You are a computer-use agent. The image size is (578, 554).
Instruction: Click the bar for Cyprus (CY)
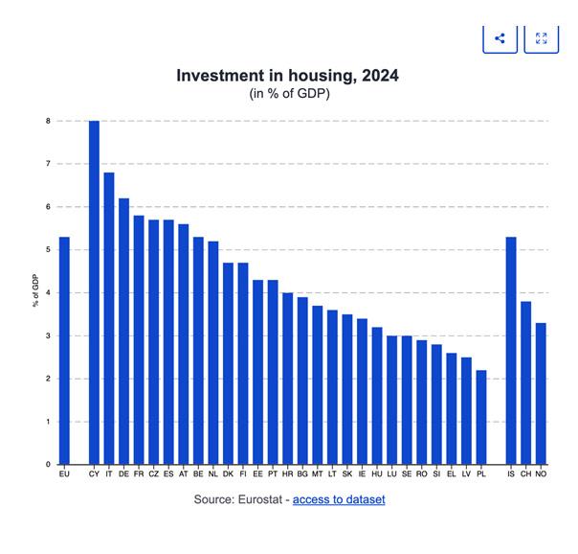click(x=94, y=292)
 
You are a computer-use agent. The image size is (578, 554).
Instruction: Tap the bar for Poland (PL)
click(x=480, y=417)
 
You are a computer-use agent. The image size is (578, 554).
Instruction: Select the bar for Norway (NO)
click(x=541, y=393)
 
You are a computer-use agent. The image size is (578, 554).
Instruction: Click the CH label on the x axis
click(x=525, y=474)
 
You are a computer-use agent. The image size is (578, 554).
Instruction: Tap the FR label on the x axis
click(x=139, y=474)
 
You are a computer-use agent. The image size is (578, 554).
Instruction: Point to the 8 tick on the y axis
click(x=47, y=121)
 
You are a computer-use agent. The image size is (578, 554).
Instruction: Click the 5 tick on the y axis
click(x=47, y=250)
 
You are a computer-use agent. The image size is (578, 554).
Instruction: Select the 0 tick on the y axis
click(x=47, y=465)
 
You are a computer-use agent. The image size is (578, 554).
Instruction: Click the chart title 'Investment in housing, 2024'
click(x=287, y=76)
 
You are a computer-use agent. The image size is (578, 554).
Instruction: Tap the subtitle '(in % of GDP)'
click(x=288, y=93)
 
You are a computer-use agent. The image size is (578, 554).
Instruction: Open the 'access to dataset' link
click(x=339, y=499)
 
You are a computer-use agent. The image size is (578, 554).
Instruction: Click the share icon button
click(x=500, y=38)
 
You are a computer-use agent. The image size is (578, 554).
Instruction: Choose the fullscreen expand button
click(x=542, y=38)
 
